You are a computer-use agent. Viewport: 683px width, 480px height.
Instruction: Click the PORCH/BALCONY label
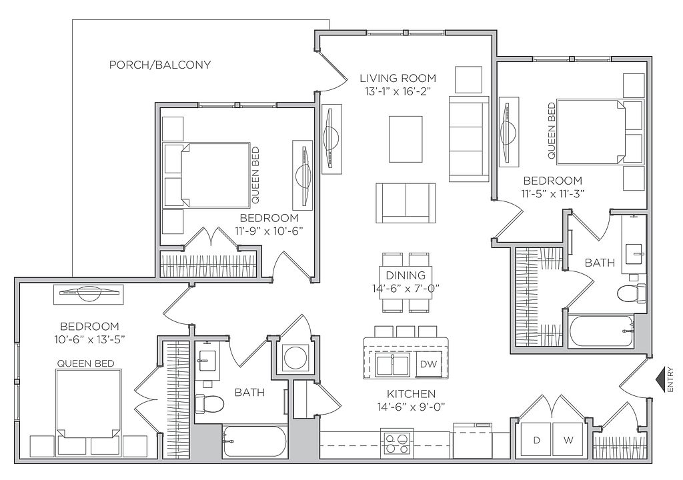160,65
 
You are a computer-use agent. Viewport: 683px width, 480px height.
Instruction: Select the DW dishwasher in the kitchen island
428,364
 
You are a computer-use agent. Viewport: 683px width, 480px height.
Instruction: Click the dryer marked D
536,440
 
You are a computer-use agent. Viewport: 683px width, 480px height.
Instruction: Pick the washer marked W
568,440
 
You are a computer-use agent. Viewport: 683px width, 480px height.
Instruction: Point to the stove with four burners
398,443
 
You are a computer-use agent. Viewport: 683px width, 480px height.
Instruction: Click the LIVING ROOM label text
398,79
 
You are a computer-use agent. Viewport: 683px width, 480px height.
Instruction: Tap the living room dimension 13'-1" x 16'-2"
398,91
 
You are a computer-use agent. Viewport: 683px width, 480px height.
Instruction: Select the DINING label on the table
406,275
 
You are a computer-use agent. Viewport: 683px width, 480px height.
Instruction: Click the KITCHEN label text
411,394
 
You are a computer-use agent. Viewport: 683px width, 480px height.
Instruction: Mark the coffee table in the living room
406,139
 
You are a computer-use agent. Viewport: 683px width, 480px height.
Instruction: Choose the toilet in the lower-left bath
209,403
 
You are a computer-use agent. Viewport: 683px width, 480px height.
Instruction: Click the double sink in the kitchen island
394,364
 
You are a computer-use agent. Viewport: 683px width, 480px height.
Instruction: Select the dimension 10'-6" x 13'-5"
90,340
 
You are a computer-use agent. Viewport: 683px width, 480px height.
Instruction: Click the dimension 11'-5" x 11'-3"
553,194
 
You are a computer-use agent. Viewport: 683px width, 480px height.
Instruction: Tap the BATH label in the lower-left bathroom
249,393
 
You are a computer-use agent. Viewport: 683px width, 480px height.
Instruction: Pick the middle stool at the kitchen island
406,331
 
